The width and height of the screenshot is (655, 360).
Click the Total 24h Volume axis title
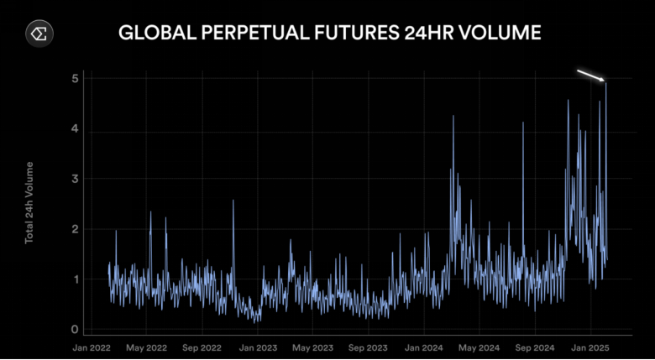[x=29, y=202]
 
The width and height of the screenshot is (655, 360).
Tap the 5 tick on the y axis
[x=75, y=79]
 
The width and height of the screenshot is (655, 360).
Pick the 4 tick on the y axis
[x=75, y=129]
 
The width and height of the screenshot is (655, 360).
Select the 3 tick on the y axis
[x=75, y=179]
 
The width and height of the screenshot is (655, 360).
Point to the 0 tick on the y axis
[x=75, y=330]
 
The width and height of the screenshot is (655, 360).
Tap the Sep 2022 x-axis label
[x=202, y=347]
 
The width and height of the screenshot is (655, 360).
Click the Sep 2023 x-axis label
[x=368, y=347]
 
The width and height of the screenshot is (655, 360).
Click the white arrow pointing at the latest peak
[x=590, y=76]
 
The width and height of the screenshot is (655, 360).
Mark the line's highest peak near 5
[x=605, y=82]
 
